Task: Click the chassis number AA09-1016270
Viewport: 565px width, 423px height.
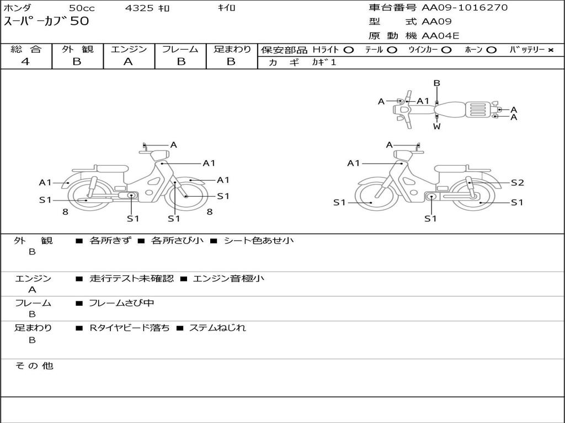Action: [465, 8]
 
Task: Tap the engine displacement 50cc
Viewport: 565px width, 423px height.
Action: [82, 8]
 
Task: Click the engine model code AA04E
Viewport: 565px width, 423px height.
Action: [440, 36]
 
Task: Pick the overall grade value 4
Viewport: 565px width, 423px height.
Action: [25, 62]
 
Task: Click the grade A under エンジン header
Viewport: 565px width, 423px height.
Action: [128, 62]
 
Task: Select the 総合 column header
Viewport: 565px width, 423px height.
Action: [26, 50]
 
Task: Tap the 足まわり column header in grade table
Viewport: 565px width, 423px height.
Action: [232, 50]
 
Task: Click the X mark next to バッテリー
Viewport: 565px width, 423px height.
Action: [551, 50]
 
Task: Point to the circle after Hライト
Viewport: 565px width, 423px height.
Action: [348, 50]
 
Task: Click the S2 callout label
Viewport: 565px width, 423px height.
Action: [517, 183]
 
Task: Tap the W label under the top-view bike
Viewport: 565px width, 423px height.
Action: [436, 127]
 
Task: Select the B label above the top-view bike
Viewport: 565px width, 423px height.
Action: [436, 84]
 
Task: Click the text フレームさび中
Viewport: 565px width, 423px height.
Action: [121, 303]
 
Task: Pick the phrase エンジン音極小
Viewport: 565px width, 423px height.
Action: [228, 279]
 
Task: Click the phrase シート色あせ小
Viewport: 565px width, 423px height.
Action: [258, 241]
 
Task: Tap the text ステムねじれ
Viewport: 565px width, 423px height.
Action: [217, 328]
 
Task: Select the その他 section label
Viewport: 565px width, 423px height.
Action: [34, 366]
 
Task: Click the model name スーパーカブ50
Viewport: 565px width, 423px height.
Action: [46, 22]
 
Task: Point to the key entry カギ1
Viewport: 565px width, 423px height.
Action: [324, 62]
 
